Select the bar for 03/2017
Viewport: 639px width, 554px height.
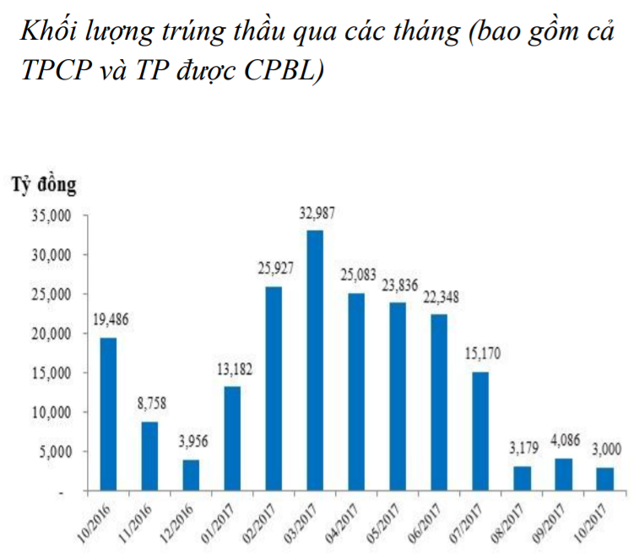point(315,361)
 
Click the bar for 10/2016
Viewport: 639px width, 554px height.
point(108,414)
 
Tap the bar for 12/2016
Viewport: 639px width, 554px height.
point(191,475)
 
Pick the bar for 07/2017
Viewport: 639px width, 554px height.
point(479,431)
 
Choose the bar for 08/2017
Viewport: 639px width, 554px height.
point(522,478)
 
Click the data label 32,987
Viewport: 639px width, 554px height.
point(317,214)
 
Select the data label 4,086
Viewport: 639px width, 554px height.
point(564,441)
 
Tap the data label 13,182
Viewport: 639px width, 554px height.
point(234,369)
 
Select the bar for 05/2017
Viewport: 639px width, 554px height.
point(398,396)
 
